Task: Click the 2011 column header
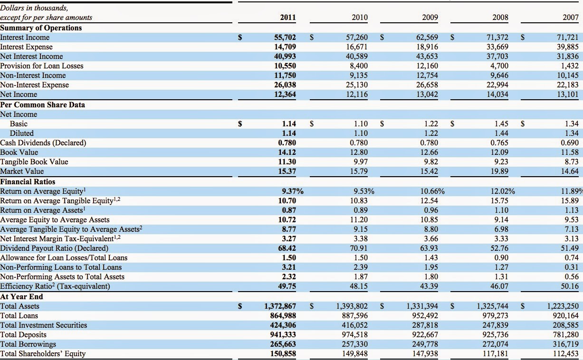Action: [x=288, y=17]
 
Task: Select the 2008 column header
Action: [x=500, y=17]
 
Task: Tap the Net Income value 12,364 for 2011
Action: [x=285, y=94]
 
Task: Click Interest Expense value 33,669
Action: [x=497, y=47]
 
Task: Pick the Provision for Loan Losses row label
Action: [x=42, y=66]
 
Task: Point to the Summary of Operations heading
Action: [x=41, y=28]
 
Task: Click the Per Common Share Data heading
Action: [x=42, y=104]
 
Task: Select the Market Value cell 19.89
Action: [x=499, y=171]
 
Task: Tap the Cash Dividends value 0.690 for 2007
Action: [x=570, y=142]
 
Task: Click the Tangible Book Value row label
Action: [x=34, y=162]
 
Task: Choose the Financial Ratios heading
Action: [x=28, y=181]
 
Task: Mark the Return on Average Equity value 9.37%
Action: [x=293, y=191]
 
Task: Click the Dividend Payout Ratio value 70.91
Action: [x=359, y=248]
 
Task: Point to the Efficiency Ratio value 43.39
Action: [x=429, y=286]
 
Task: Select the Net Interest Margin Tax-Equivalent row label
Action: [x=60, y=238]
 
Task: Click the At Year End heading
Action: [x=21, y=296]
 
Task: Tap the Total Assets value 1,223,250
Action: [x=563, y=306]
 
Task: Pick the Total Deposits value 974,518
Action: [x=355, y=334]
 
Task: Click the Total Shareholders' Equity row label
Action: [x=43, y=354]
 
